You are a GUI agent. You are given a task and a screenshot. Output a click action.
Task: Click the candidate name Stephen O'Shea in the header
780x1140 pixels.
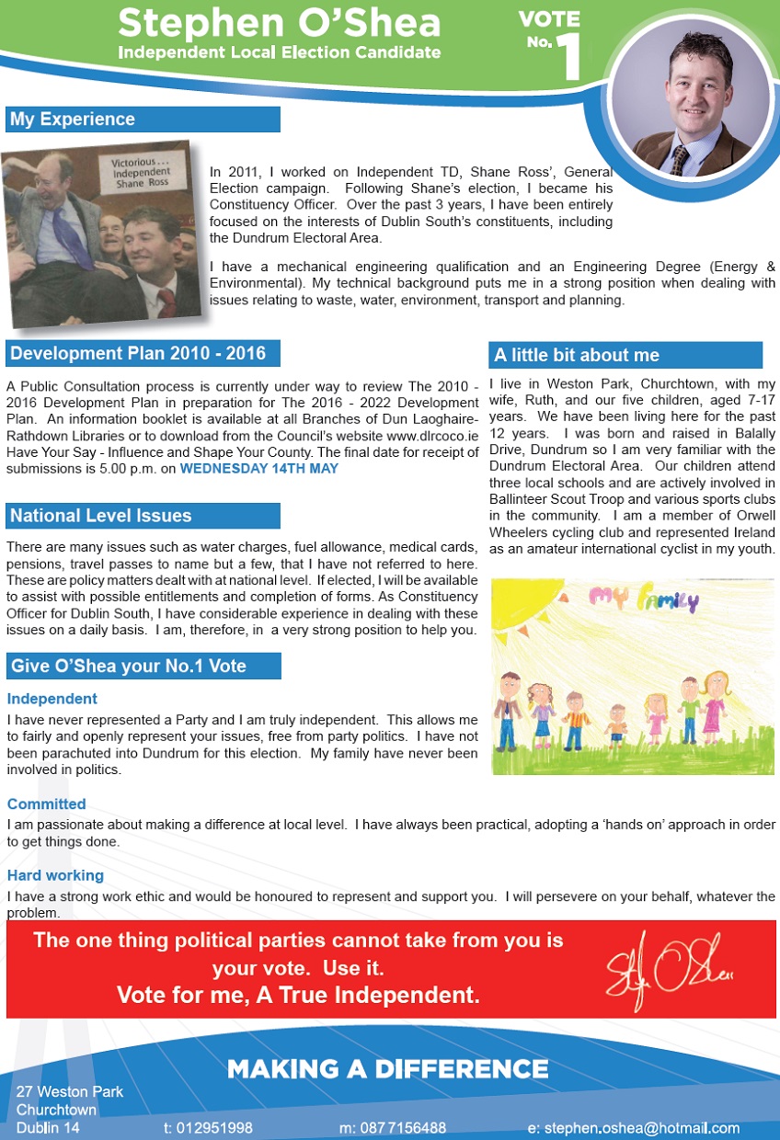pyautogui.click(x=280, y=21)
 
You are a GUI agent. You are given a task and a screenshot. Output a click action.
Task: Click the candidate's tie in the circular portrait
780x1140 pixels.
pyautogui.click(x=680, y=159)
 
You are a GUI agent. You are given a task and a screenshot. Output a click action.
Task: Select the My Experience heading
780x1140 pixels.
pyautogui.click(x=73, y=120)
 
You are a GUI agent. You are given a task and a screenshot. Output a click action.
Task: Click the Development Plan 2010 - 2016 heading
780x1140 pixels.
pyautogui.click(x=138, y=353)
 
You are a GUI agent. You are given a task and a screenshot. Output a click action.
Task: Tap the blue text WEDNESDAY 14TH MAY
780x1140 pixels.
pyautogui.click(x=258, y=469)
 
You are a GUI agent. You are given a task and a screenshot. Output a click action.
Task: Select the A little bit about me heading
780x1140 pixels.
pyautogui.click(x=577, y=355)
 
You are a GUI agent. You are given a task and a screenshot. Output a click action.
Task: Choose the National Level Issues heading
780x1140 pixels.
pyautogui.click(x=101, y=516)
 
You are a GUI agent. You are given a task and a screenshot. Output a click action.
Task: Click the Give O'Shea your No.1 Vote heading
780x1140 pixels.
pyautogui.click(x=128, y=666)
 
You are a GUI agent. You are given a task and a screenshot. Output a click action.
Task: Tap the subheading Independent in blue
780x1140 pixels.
pyautogui.click(x=52, y=699)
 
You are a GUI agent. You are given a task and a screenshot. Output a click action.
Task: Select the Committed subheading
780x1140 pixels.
pyautogui.click(x=46, y=804)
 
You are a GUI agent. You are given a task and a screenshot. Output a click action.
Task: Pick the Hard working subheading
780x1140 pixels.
pyautogui.click(x=55, y=875)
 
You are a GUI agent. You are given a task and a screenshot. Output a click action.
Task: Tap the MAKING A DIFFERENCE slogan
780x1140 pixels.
pyautogui.click(x=387, y=1068)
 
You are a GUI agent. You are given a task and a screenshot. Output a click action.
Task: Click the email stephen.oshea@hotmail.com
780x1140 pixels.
pyautogui.click(x=634, y=1128)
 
